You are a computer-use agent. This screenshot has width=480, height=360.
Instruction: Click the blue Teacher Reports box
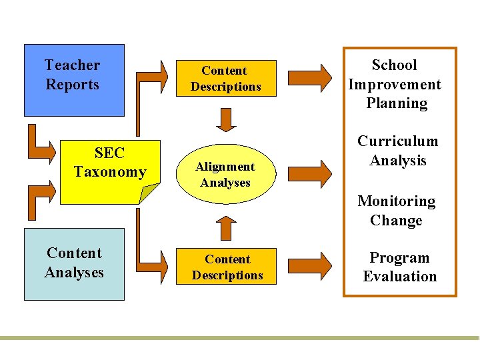pyautogui.click(x=73, y=80)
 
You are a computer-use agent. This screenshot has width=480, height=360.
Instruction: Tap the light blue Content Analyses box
pyautogui.click(x=74, y=264)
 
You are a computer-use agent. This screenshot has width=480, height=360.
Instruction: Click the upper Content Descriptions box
pyautogui.click(x=226, y=79)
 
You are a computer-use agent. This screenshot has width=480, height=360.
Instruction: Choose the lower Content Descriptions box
pyautogui.click(x=227, y=267)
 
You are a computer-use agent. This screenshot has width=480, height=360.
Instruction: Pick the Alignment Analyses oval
pyautogui.click(x=225, y=174)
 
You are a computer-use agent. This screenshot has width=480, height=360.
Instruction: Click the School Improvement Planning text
pyautogui.click(x=395, y=84)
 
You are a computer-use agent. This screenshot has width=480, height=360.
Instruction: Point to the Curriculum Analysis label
pyautogui.click(x=398, y=151)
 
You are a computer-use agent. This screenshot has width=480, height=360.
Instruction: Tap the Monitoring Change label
pyautogui.click(x=397, y=211)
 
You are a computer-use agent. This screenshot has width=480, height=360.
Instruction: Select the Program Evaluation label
pyautogui.click(x=399, y=267)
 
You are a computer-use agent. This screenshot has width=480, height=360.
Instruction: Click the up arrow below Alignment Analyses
pyautogui.click(x=227, y=227)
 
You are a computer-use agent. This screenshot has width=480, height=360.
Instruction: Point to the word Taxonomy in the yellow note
pyautogui.click(x=110, y=172)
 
